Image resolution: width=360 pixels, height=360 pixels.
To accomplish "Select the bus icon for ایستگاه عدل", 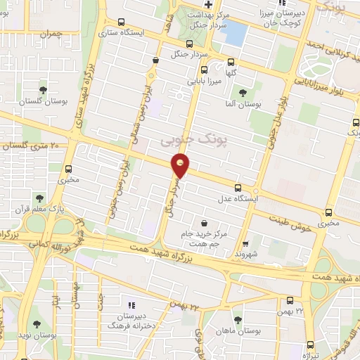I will (238, 188).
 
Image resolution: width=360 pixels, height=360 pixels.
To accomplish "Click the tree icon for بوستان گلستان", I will (44, 90).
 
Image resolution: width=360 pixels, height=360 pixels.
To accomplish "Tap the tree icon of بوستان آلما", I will (243, 92).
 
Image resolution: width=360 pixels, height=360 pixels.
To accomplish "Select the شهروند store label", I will (248, 252).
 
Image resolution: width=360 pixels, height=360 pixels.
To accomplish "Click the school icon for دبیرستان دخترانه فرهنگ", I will (131, 304).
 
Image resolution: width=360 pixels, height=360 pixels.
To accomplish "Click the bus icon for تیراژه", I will (310, 345).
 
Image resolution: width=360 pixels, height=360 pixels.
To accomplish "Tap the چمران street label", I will (52, 33).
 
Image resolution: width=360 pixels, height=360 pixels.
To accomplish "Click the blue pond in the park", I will (236, 31).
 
